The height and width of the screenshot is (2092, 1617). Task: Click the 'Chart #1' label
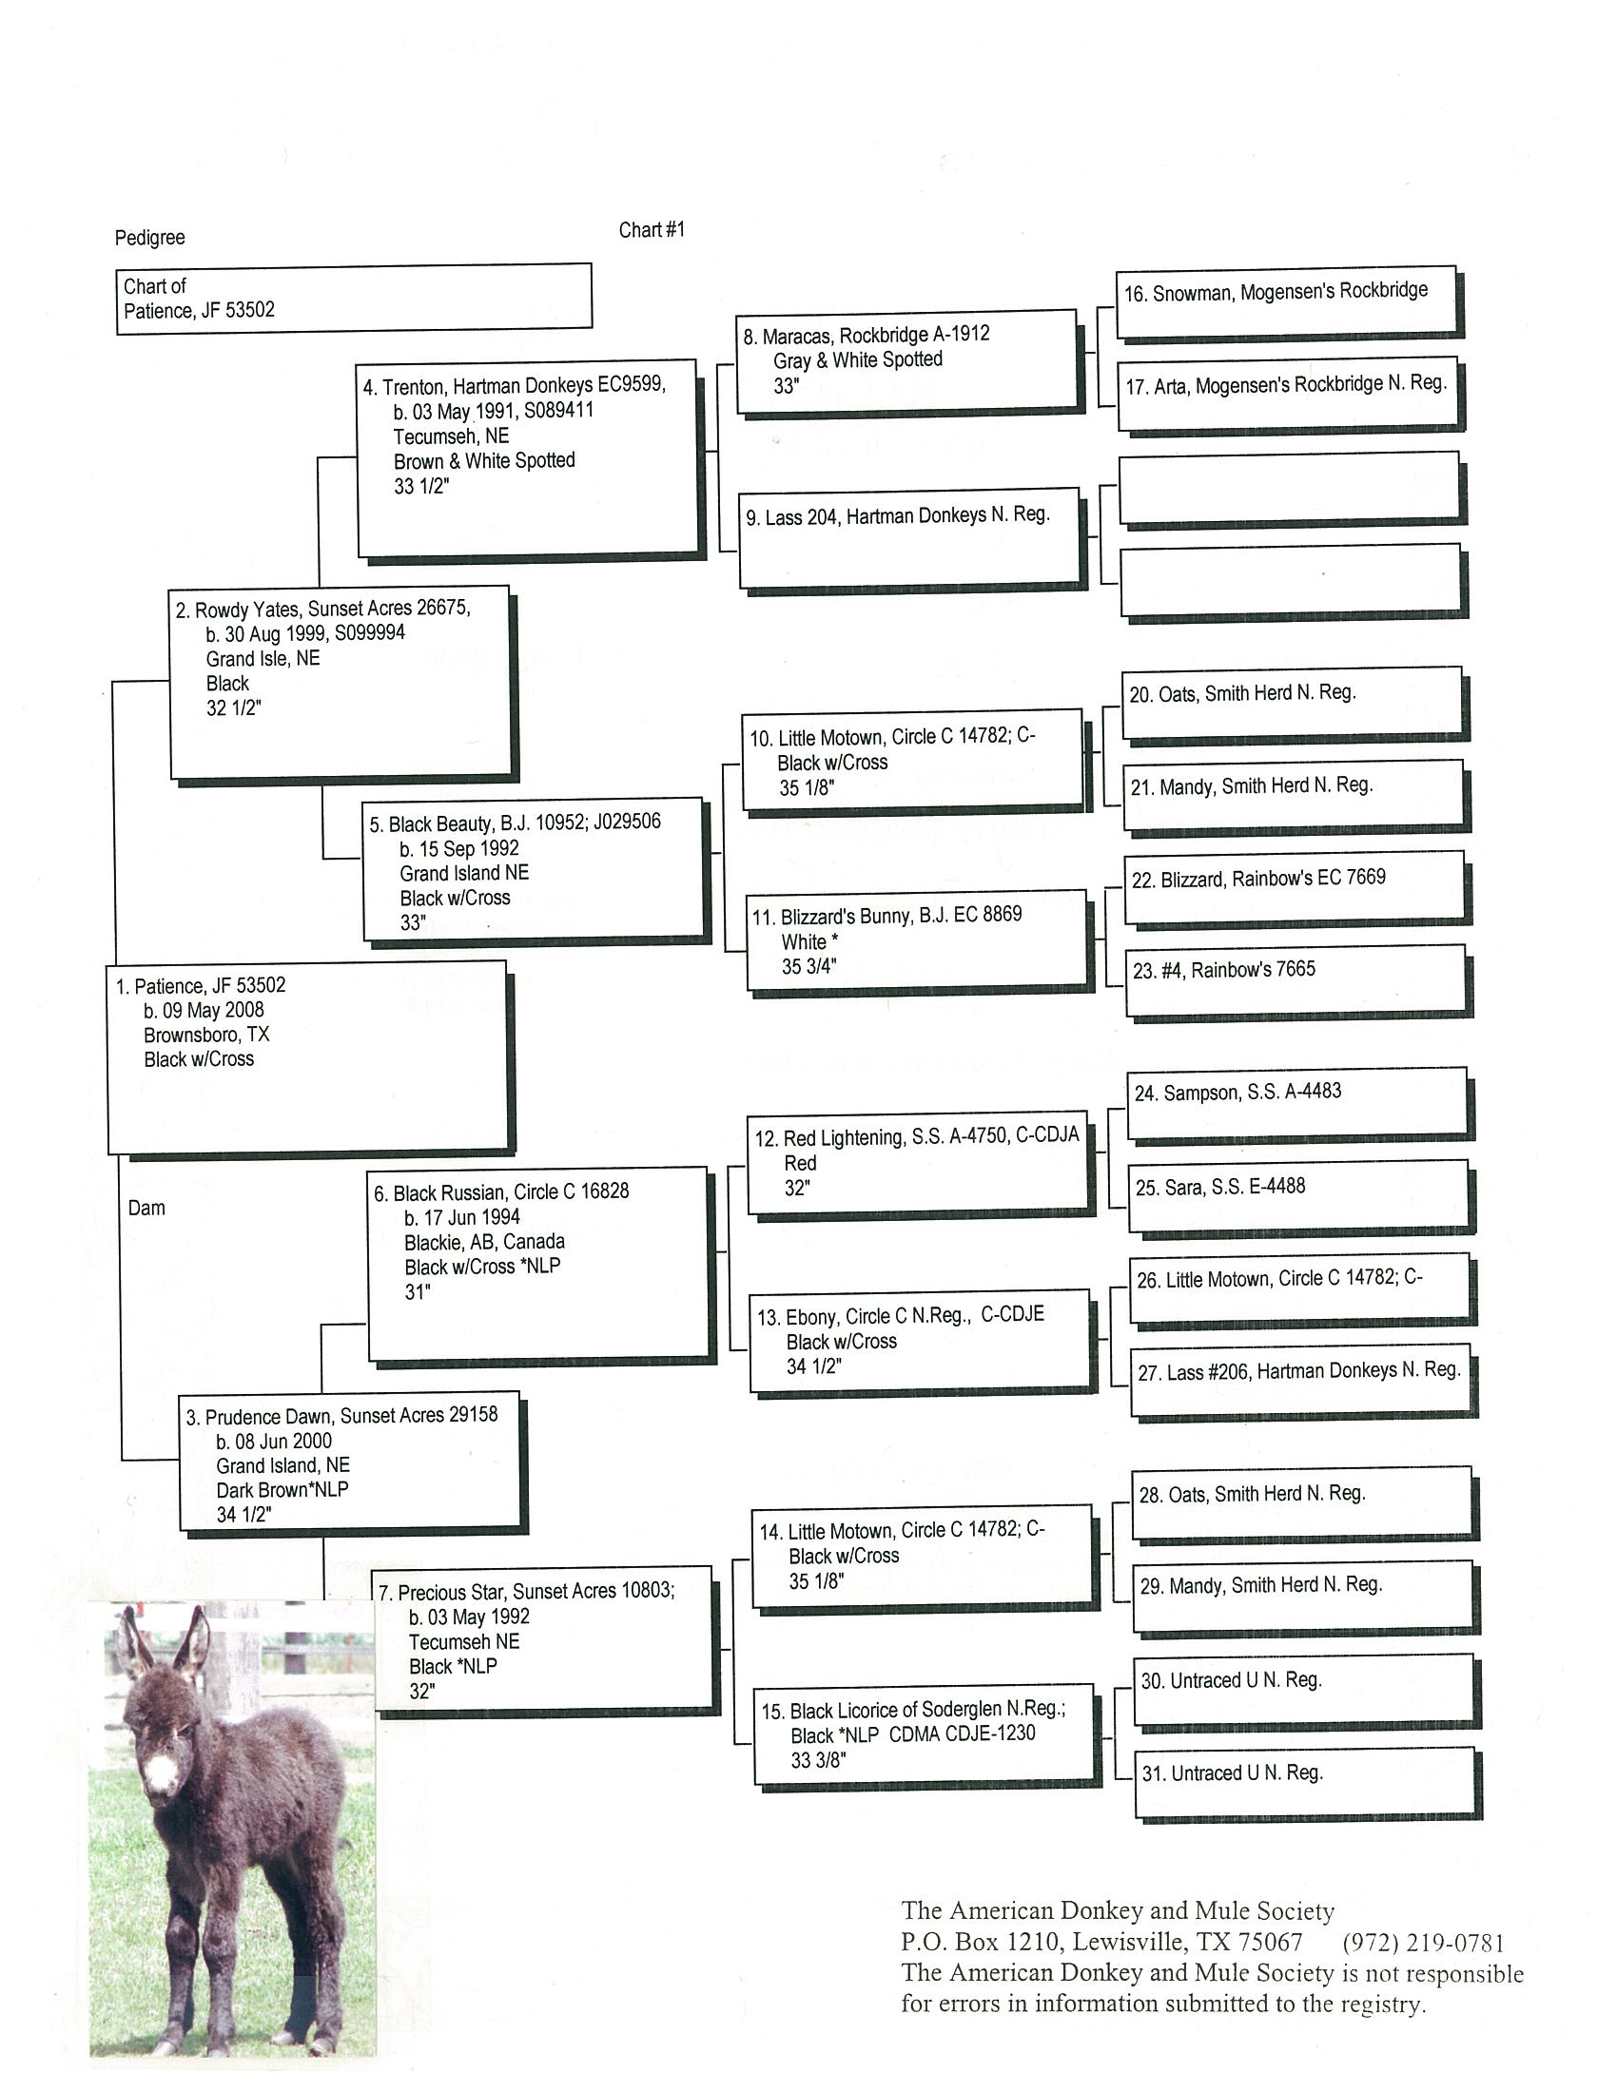(652, 230)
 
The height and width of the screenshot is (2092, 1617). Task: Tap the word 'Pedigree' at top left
(149, 238)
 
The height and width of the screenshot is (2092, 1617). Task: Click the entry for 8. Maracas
(866, 336)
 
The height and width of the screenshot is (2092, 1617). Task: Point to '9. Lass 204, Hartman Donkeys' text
(898, 516)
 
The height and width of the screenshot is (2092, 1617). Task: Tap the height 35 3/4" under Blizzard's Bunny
(808, 966)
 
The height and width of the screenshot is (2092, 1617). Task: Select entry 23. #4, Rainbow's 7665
(1223, 969)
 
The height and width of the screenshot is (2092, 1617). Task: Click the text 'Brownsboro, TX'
(207, 1036)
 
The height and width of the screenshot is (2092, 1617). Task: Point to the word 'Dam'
(146, 1208)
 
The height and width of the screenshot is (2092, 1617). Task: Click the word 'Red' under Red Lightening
(800, 1163)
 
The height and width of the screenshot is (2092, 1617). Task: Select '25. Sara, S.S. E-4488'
(1219, 1187)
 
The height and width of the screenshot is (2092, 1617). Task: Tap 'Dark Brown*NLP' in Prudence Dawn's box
(282, 1490)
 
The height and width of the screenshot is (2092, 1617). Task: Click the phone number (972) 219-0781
(1423, 1943)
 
